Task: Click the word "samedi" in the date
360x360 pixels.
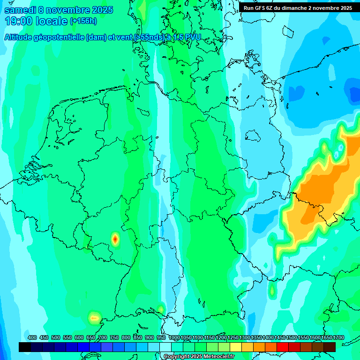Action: coord(19,10)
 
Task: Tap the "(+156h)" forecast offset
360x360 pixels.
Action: coord(83,21)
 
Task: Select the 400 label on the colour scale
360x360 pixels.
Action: coord(32,337)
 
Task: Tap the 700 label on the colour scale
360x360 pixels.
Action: coord(103,337)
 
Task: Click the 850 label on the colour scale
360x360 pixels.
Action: coord(138,337)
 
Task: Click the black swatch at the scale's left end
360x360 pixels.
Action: coord(25,347)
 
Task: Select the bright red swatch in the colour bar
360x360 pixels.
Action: coord(283,347)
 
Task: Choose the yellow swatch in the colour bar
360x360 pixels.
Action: coord(236,347)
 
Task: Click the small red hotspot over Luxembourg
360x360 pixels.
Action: coord(115,239)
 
